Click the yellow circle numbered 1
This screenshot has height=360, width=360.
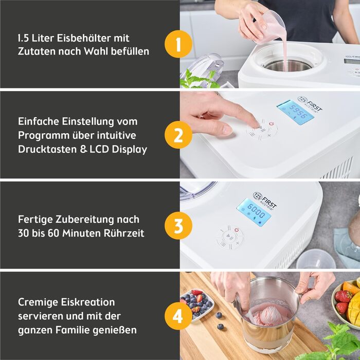[x=178, y=44]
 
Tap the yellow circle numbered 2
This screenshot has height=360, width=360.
[x=178, y=135]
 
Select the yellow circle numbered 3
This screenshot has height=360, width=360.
[x=178, y=226]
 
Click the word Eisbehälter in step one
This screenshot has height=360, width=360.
[x=84, y=38]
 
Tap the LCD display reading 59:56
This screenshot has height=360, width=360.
[x=296, y=113]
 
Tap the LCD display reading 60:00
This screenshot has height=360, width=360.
[x=254, y=211]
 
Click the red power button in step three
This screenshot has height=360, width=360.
[x=237, y=229]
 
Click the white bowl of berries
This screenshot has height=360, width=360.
[x=197, y=305]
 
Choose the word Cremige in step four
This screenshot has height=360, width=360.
[x=39, y=302]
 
